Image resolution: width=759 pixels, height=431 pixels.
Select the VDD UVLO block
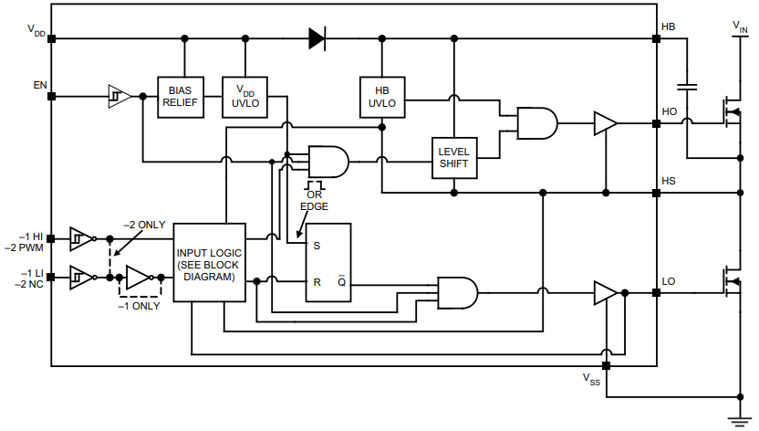coord(245,97)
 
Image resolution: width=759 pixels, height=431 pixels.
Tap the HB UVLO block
coord(382,97)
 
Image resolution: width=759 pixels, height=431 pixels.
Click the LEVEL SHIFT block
coord(453,157)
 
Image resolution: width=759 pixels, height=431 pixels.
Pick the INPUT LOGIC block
coord(210,263)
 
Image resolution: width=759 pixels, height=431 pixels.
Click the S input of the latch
coord(317,245)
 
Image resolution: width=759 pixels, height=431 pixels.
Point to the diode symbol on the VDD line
coord(317,38)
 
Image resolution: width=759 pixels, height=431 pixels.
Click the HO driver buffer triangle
coord(605,123)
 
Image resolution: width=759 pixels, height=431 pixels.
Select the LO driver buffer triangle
coord(605,292)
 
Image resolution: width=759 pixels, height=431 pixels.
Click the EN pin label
coord(40,85)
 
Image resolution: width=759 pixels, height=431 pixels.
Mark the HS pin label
coord(669,181)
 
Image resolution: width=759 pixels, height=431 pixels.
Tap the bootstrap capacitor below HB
coord(689,87)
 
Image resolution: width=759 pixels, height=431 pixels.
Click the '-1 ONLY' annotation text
coord(139,306)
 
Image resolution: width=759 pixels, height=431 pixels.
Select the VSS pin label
coord(591,379)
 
